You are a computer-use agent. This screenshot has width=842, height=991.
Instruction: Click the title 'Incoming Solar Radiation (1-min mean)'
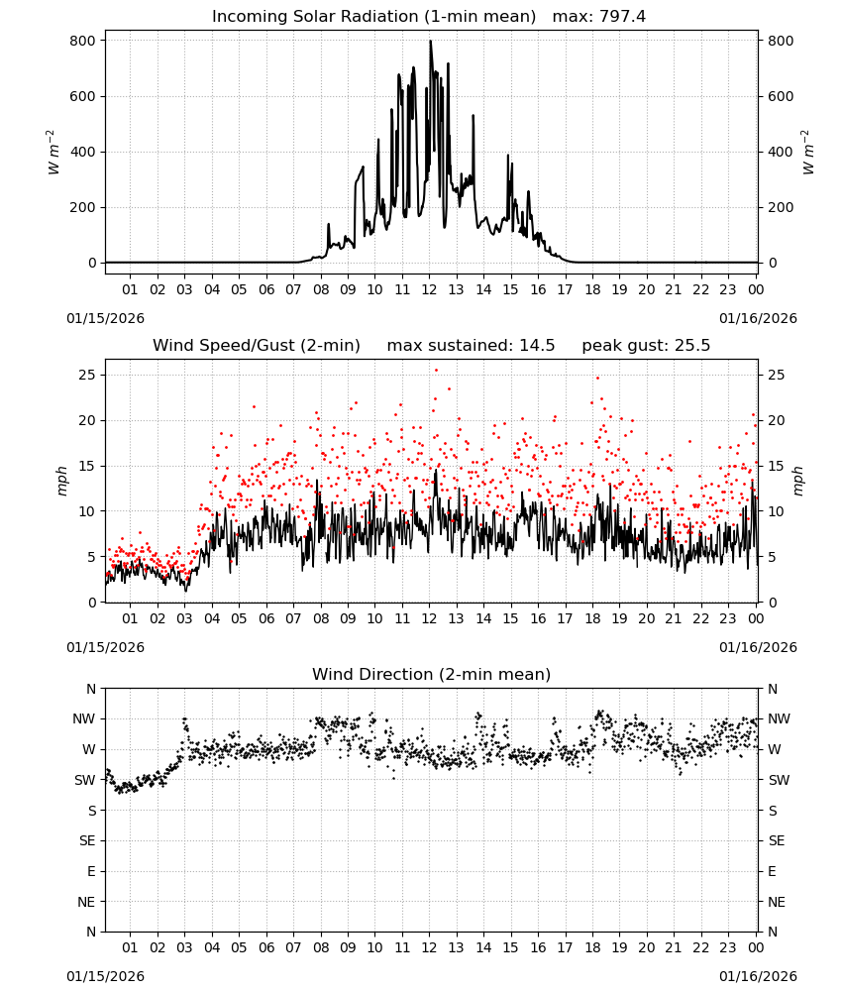click(373, 17)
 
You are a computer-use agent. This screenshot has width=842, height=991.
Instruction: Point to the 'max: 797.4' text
click(599, 17)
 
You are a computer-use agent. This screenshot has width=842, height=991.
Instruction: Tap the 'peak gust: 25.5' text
click(646, 346)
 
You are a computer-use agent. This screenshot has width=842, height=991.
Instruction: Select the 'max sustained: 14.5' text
click(471, 346)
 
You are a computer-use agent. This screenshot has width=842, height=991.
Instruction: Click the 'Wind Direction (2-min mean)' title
click(432, 674)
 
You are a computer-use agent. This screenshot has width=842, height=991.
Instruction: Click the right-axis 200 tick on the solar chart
click(781, 207)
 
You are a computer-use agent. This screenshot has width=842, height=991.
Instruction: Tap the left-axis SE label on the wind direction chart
click(87, 840)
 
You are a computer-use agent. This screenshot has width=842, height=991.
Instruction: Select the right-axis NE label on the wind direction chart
click(777, 902)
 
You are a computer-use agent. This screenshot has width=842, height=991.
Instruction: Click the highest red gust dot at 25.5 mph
click(436, 371)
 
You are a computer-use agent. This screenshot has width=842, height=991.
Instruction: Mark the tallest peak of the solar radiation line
click(431, 42)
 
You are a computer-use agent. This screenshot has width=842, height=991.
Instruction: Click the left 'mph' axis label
click(61, 481)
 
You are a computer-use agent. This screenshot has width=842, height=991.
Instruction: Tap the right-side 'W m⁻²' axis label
click(808, 152)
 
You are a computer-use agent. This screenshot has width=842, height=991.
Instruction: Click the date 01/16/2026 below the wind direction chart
click(758, 976)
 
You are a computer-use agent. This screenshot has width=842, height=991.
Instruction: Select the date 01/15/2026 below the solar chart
click(105, 318)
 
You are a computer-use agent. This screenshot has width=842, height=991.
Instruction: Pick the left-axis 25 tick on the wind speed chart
click(87, 375)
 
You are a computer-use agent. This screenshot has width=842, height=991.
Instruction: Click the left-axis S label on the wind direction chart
click(91, 811)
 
